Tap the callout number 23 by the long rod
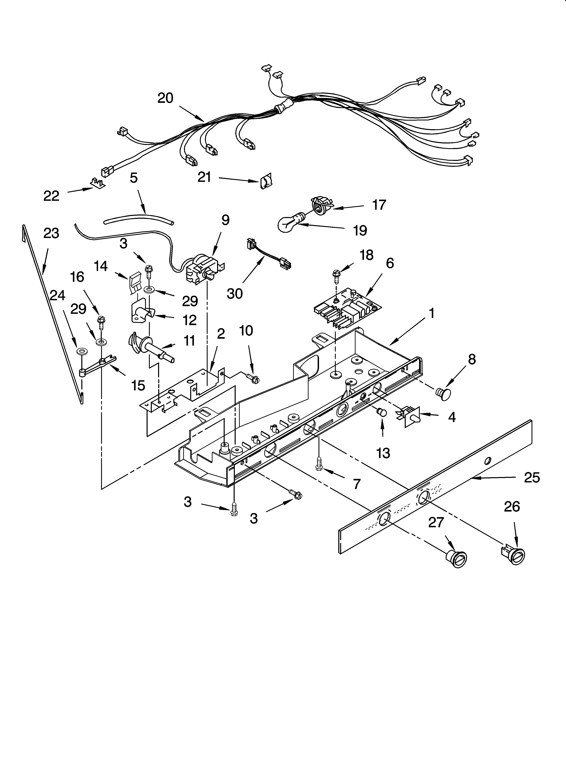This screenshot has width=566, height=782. click(x=51, y=233)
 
